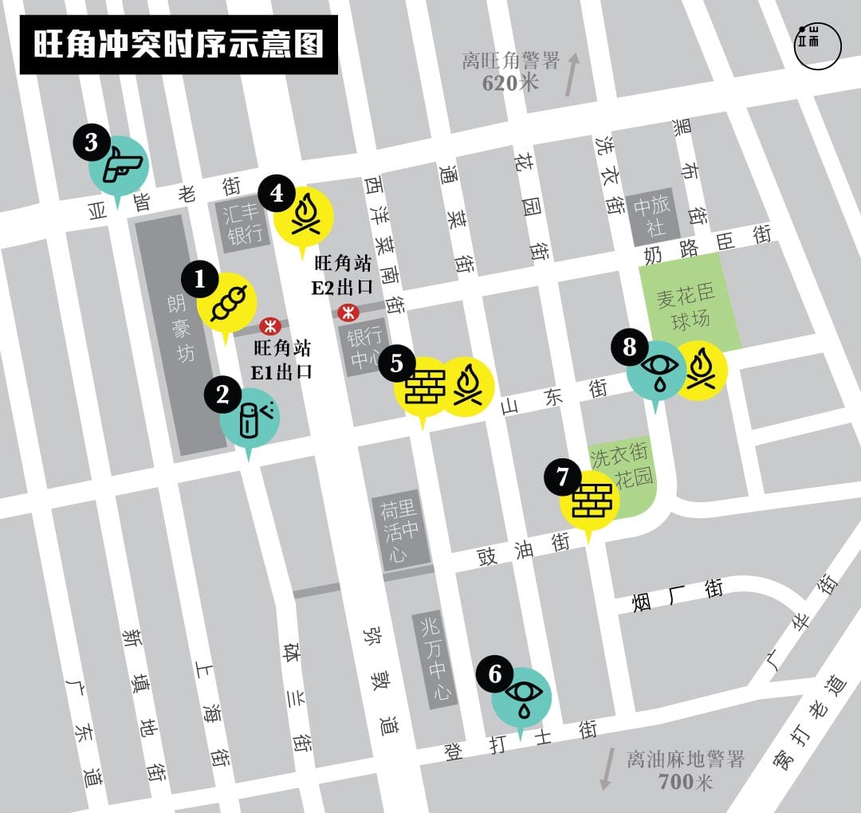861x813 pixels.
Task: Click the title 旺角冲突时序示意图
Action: coord(178,45)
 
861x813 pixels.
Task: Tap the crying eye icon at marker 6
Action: coord(521,693)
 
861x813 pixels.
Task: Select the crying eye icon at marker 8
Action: coord(656,369)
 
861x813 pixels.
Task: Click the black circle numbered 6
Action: coord(495,674)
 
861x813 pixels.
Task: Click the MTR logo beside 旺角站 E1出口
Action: coord(269,325)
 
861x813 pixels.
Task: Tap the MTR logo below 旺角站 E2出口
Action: coord(347,312)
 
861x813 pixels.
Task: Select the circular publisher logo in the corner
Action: coord(817,43)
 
